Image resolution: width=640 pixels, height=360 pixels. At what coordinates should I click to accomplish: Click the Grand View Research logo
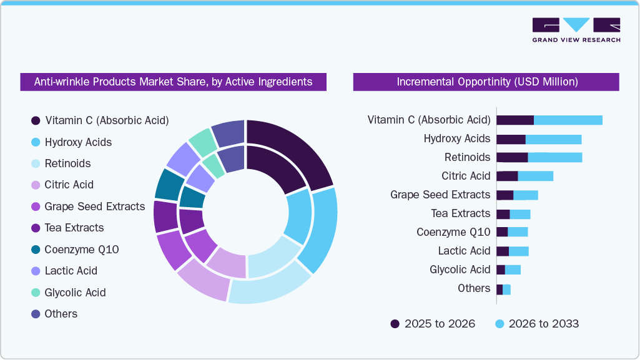pos(576,30)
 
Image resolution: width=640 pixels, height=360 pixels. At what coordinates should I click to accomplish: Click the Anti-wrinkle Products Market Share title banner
pos(173,82)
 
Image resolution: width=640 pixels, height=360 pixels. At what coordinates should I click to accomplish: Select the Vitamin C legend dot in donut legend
pos(36,120)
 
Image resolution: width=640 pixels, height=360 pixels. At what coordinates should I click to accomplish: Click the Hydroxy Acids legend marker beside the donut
pos(36,142)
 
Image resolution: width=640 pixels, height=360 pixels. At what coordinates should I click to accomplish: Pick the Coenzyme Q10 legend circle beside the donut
pos(36,250)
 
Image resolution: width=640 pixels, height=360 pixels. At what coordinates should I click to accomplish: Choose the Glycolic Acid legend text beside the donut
pos(75,293)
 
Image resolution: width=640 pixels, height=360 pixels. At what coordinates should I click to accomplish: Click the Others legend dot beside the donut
pos(36,314)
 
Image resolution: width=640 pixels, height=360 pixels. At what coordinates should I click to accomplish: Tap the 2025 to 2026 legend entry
pos(433,324)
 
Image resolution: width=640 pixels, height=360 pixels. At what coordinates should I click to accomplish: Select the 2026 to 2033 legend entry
pos(537,324)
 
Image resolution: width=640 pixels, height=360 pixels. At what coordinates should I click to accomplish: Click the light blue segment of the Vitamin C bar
pos(568,120)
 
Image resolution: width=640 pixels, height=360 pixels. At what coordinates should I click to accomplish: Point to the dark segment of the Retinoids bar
pos(512,157)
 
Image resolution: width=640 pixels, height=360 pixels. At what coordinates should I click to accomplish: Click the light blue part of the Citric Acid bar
pos(536,176)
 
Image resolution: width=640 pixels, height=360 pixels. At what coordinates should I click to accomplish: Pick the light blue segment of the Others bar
pos(506,289)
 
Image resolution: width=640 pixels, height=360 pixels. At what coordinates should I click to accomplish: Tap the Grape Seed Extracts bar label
pos(440,195)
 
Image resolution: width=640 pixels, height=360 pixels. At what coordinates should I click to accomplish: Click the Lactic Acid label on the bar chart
pos(464,251)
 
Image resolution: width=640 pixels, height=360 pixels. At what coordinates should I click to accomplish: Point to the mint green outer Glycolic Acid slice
pos(203,142)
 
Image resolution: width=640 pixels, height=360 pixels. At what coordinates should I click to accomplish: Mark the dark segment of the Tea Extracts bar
pos(503,214)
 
